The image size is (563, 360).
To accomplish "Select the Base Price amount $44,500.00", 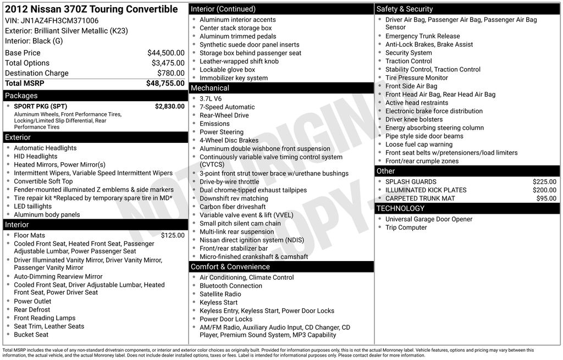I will (x=165, y=53).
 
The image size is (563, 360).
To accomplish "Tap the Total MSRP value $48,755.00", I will (x=165, y=83).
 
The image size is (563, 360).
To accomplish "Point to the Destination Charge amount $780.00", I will (x=170, y=73).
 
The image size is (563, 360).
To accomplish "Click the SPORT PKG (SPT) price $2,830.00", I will (x=169, y=106).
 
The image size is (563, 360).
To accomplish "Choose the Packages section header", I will (x=21, y=96).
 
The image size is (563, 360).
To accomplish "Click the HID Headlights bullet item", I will (x=35, y=157).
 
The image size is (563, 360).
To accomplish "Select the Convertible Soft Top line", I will (x=43, y=181).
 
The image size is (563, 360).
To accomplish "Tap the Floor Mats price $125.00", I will (x=173, y=235).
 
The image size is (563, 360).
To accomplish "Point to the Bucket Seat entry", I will (x=31, y=335).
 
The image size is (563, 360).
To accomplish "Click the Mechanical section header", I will (x=209, y=88).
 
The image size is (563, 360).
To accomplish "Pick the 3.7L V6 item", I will (x=211, y=99).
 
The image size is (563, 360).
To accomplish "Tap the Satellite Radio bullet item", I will (x=220, y=294).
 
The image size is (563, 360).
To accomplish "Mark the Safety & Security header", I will (x=405, y=9).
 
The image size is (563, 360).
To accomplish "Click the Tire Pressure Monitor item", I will (x=416, y=77).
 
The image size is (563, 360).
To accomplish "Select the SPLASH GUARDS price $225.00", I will (x=544, y=182).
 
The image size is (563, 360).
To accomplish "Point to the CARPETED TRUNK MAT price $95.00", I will (x=546, y=198).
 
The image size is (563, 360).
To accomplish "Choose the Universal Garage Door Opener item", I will (x=428, y=219).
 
